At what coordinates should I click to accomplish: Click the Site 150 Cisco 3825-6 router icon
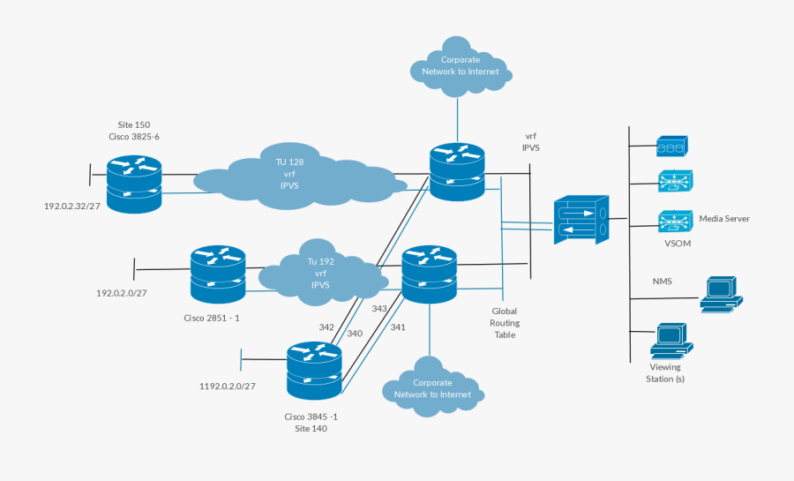point(134,184)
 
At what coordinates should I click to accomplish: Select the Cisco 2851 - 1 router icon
point(217,274)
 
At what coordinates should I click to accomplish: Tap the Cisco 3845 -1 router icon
point(314,371)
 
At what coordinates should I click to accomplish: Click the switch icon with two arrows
point(581,221)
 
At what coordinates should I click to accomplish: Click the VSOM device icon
point(675,221)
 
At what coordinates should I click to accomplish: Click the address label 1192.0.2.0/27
point(227,386)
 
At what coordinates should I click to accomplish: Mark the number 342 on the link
point(326,327)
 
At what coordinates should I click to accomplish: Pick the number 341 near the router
point(398,327)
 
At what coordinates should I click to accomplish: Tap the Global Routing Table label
point(505,323)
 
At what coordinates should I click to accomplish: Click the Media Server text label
point(724,218)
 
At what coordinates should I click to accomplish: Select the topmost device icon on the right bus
point(671,146)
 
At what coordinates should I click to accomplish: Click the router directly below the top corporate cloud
point(457,169)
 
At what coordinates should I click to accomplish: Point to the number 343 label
point(379,309)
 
